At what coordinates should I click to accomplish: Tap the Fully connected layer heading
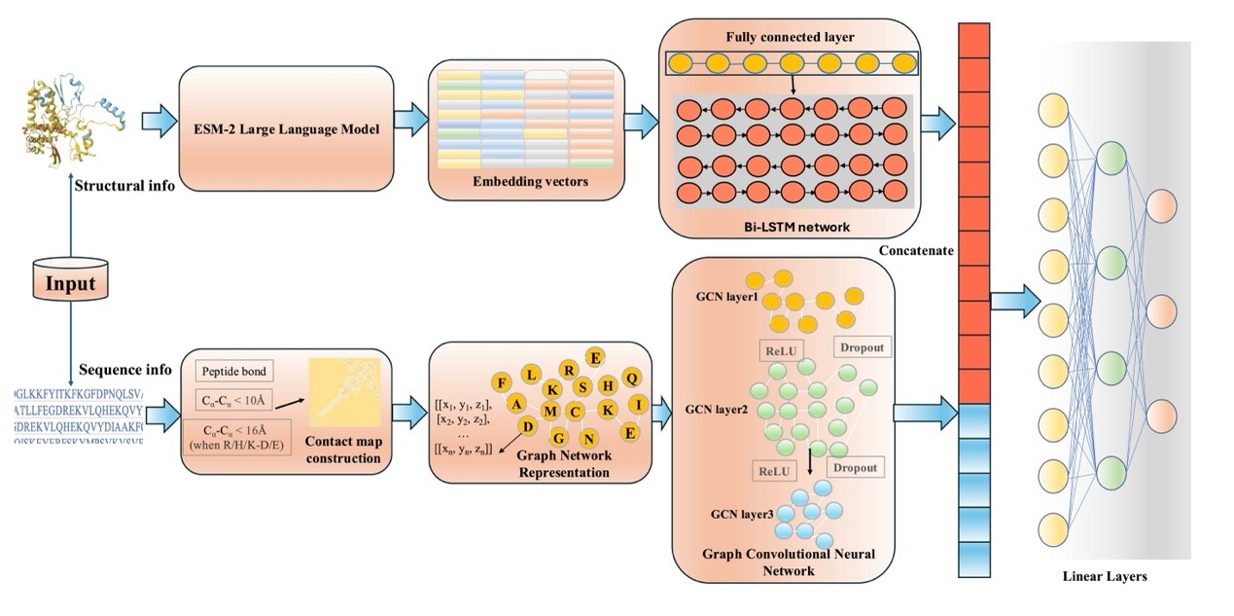790,37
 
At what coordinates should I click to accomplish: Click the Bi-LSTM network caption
789,226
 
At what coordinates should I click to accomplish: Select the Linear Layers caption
1104,576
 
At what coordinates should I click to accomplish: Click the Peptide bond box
234,371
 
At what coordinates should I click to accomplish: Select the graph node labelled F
503,381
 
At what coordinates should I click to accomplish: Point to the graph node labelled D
526,426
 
